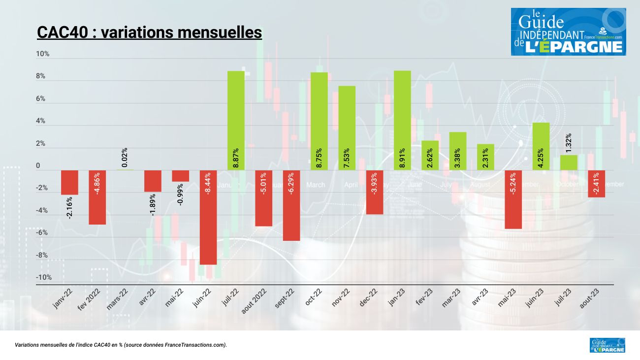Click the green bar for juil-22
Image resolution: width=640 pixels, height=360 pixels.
236,120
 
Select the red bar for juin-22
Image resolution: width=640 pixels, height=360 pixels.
208,217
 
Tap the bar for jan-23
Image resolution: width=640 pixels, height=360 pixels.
402,120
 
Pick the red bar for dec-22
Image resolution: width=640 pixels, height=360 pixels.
375,192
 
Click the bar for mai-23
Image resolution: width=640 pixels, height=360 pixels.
513,199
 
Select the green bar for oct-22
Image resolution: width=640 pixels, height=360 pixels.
319,121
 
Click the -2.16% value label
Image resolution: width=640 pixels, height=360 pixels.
69,207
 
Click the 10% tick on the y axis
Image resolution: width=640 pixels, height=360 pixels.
43,54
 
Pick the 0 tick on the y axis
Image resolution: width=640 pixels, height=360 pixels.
38,166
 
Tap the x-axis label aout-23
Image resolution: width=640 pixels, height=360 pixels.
590,298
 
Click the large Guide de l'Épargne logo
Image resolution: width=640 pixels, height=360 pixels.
568,32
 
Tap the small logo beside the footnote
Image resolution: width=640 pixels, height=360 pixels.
607,345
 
